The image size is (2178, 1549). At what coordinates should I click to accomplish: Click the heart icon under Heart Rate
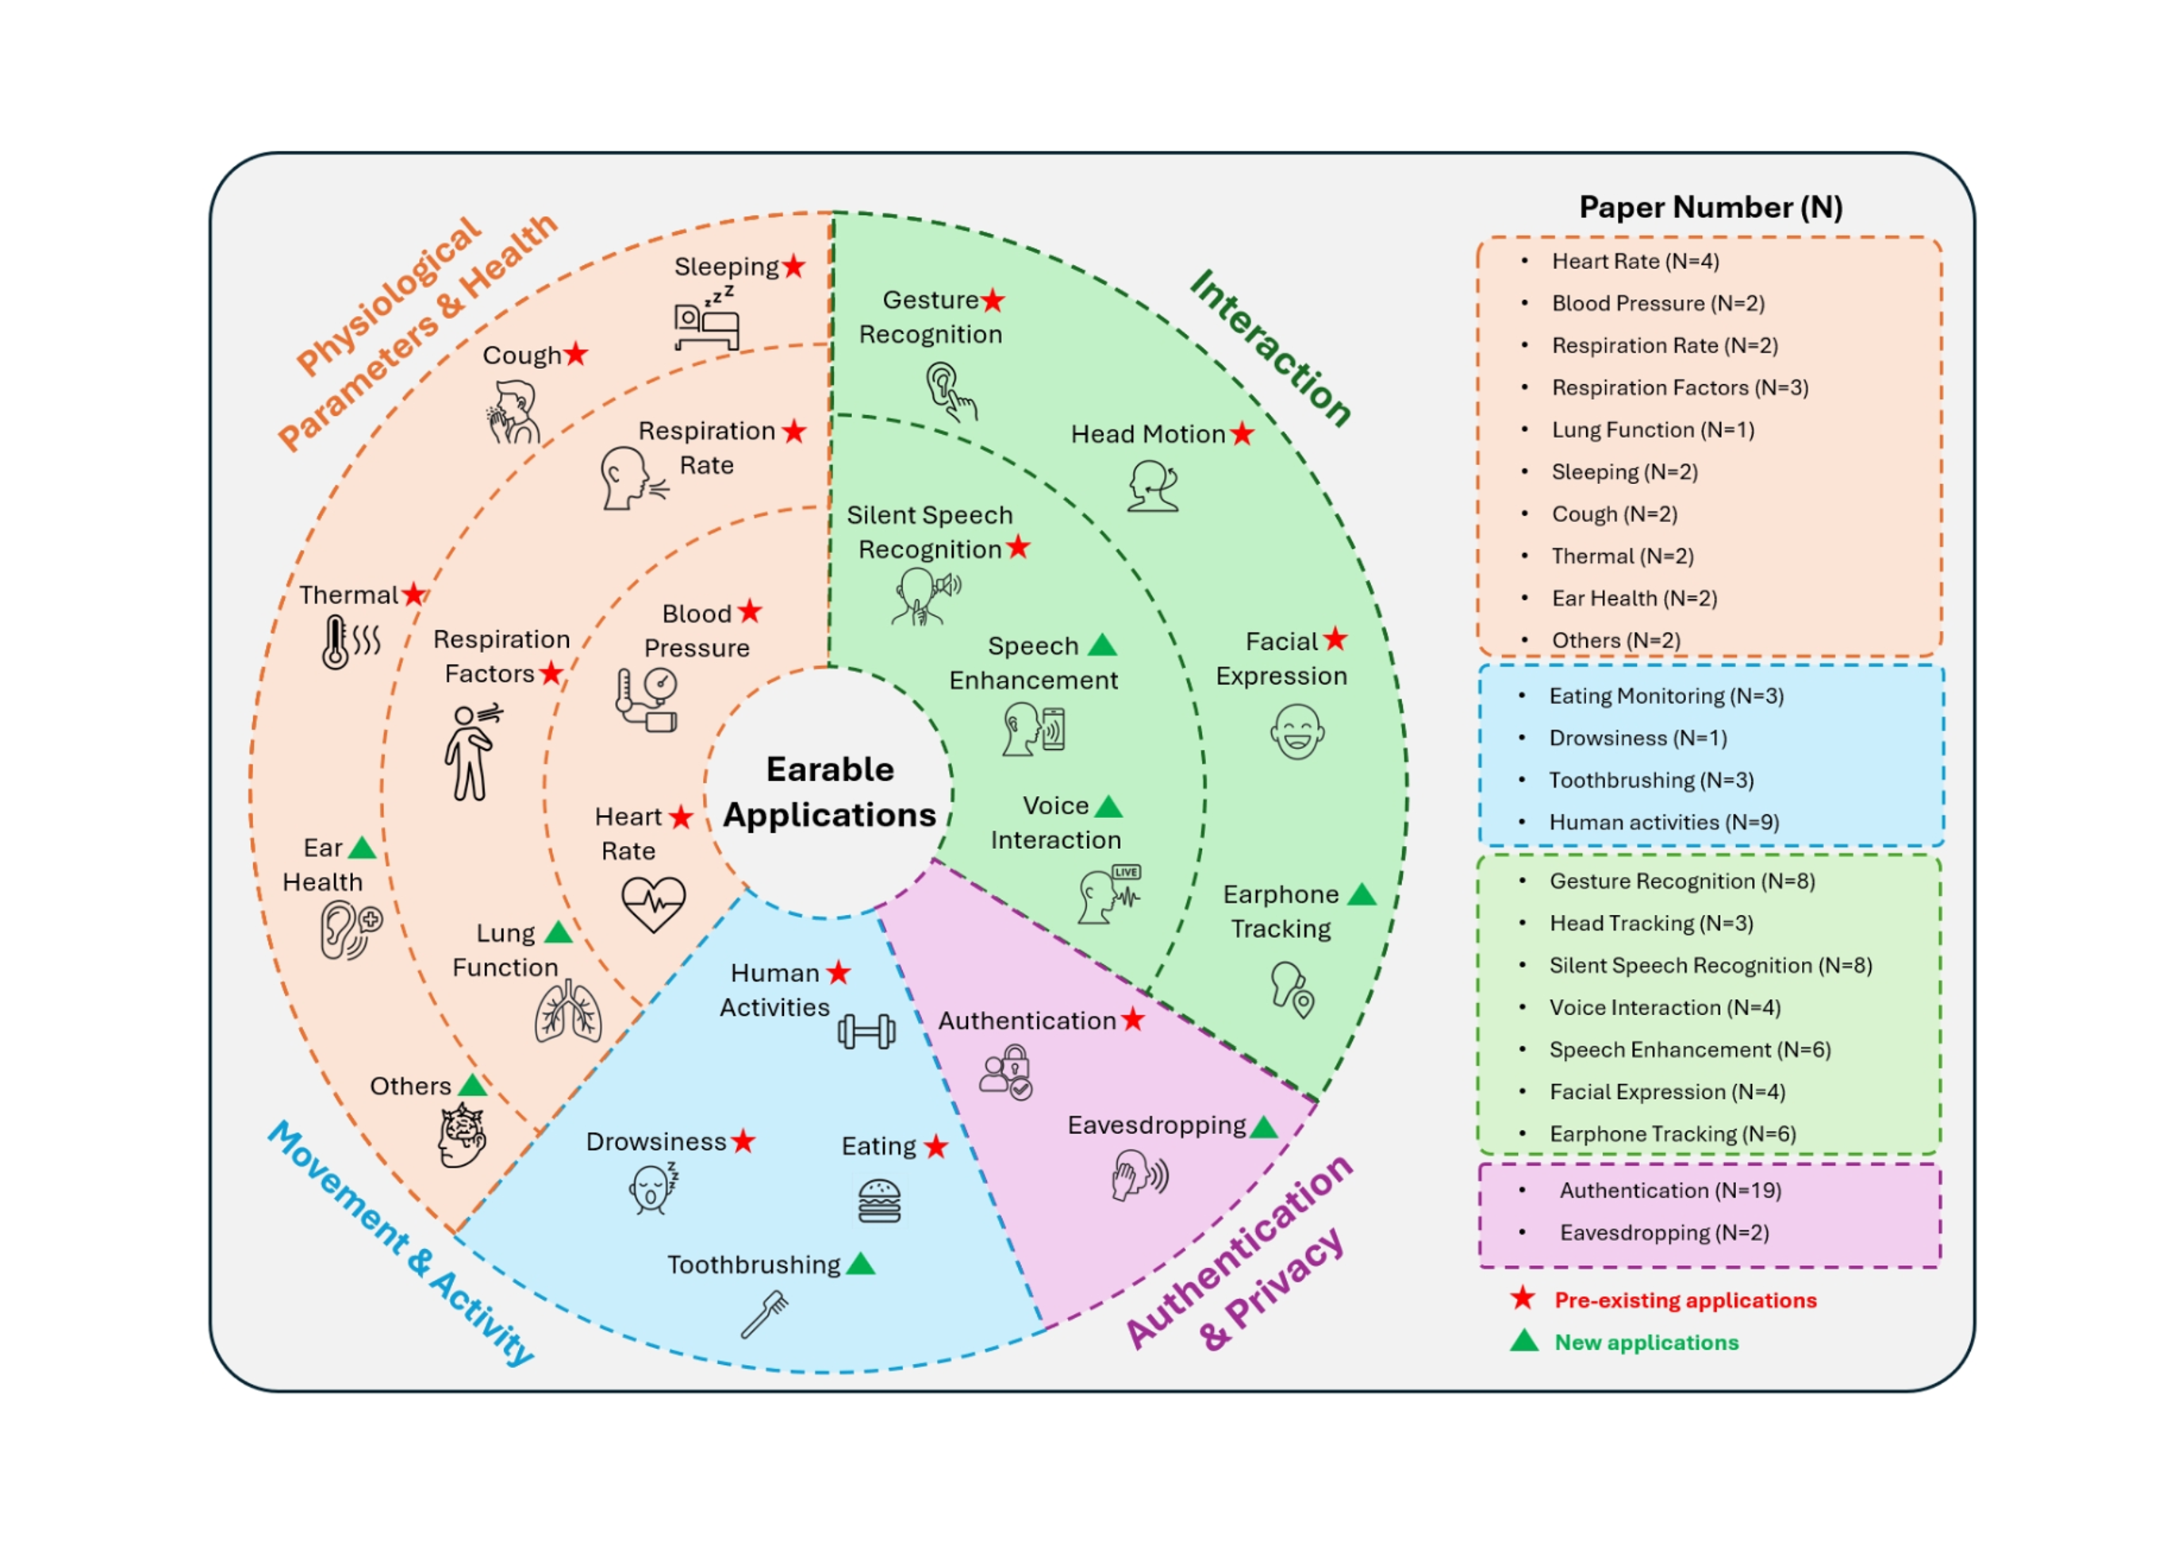pyautogui.click(x=653, y=902)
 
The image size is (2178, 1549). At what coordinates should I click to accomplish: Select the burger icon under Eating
pyautogui.click(x=879, y=1201)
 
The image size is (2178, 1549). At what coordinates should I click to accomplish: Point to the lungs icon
pyautogui.click(x=568, y=1013)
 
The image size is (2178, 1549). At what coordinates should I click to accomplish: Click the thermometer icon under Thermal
pyautogui.click(x=336, y=642)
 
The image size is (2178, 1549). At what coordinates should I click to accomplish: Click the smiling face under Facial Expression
pyautogui.click(x=1297, y=732)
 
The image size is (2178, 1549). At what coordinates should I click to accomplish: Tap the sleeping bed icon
pyautogui.click(x=705, y=321)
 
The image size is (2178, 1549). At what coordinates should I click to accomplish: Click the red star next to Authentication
pyautogui.click(x=1133, y=1020)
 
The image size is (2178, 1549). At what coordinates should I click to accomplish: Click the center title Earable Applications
pyautogui.click(x=830, y=792)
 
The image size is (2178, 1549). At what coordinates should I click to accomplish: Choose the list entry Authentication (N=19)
pyautogui.click(x=1669, y=1190)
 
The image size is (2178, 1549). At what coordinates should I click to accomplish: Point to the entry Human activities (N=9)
pyautogui.click(x=1663, y=822)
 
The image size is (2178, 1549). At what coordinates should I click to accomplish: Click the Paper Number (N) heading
pyautogui.click(x=1711, y=207)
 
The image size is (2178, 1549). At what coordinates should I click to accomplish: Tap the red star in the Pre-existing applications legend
pyautogui.click(x=1523, y=1299)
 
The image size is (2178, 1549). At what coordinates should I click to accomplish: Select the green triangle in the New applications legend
pyautogui.click(x=1524, y=1341)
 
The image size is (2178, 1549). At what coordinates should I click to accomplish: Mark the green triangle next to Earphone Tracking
pyautogui.click(x=1362, y=894)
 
